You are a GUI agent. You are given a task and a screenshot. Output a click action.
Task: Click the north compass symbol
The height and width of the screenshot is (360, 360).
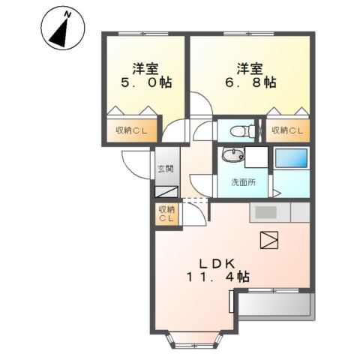point(63,28)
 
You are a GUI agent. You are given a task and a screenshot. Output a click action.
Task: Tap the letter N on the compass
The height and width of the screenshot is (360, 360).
point(67,14)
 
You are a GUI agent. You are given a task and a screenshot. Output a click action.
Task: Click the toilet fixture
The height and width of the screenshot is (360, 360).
point(242,130)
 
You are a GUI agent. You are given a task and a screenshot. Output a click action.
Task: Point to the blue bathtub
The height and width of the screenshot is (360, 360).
point(291,158)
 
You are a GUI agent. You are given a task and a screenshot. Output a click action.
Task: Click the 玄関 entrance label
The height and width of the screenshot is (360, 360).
point(165,169)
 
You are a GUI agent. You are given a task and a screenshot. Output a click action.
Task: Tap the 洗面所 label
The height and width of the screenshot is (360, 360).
point(244,182)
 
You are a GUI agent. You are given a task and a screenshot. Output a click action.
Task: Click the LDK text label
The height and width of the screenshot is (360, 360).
point(217,264)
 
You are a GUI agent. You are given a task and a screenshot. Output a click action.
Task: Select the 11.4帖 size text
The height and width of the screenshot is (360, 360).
point(218,277)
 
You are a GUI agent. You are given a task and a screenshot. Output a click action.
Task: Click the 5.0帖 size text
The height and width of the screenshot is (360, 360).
point(146,82)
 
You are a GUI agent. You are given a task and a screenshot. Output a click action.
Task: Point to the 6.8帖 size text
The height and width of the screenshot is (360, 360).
point(250,82)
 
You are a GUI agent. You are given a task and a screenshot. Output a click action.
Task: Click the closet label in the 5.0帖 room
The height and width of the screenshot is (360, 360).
point(131,130)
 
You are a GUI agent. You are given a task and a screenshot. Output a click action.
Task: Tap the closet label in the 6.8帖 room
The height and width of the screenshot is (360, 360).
point(287,130)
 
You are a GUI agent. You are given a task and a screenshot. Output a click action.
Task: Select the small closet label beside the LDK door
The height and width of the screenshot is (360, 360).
point(166,214)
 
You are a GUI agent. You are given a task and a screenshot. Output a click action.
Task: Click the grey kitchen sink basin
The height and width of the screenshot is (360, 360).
point(265,212)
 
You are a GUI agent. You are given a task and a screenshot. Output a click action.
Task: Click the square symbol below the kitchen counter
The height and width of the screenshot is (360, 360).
point(269,240)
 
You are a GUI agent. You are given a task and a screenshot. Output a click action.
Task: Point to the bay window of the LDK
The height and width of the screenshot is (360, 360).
point(194,340)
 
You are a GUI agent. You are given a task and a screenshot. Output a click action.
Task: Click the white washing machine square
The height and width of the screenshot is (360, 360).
point(256,157)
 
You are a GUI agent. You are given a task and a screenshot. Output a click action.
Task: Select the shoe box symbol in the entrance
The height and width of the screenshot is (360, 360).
point(166,192)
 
